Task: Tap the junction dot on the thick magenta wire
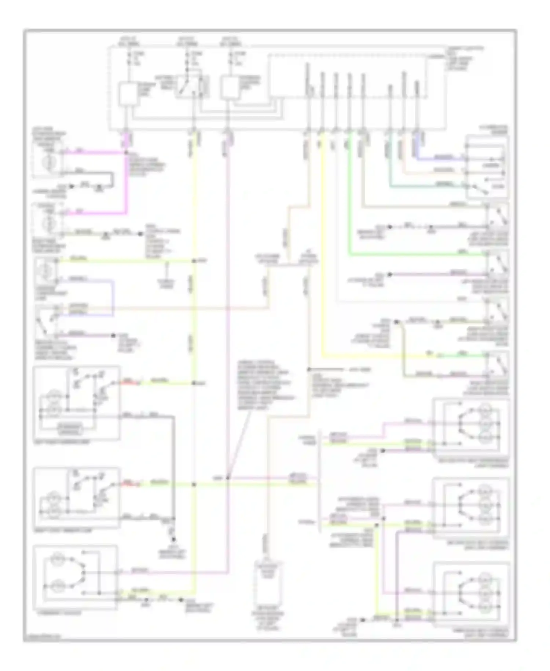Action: click(x=126, y=152)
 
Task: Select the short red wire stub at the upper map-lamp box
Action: click(x=128, y=384)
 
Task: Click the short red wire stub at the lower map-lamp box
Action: click(x=128, y=485)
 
